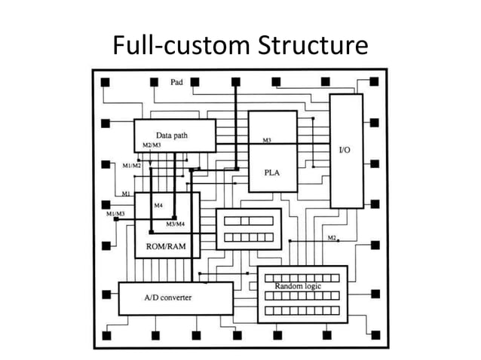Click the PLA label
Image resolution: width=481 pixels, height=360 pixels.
[272, 172]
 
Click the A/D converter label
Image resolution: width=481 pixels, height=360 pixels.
[167, 297]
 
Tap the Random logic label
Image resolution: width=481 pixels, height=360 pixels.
[299, 287]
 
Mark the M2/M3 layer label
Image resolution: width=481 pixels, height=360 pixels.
[152, 145]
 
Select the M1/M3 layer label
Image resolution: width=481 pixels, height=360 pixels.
[115, 215]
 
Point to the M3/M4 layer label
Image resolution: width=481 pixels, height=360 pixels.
[176, 224]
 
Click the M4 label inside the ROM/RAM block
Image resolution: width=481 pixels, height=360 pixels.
[158, 205]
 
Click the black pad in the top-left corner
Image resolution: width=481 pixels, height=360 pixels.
[106, 81]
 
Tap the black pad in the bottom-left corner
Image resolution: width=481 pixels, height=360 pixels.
[106, 335]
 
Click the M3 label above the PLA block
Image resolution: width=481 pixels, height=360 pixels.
[267, 141]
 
